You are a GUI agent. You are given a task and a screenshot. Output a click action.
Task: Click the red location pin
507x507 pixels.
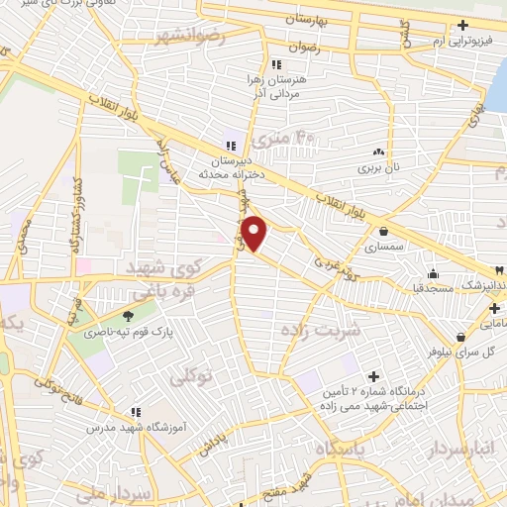pos(255,233)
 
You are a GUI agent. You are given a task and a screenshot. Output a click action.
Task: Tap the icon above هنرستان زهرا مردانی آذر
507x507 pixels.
pos(261,64)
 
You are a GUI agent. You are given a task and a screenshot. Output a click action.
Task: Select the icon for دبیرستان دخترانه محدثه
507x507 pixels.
pos(231,145)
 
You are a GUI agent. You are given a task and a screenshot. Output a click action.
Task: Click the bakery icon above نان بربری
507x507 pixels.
pos(377,152)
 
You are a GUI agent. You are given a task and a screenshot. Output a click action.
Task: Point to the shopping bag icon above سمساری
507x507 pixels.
pos(383,232)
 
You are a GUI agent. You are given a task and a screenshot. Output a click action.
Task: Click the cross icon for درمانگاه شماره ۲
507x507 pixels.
pos(372,376)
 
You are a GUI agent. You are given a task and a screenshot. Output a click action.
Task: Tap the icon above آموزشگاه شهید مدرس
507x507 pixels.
pos(136,412)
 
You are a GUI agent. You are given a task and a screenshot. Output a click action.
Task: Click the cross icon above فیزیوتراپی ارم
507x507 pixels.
pos(463,26)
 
